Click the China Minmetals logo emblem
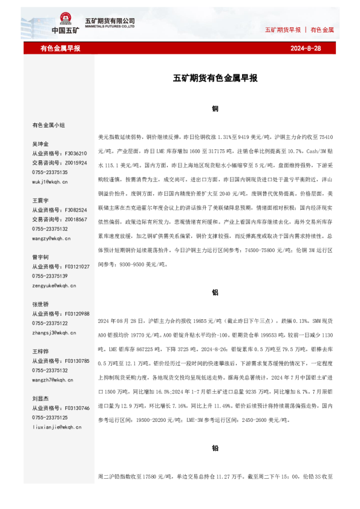click(64, 20)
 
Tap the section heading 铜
click(215, 109)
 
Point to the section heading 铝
click(215, 292)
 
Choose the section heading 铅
click(215, 449)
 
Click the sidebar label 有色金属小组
click(48, 125)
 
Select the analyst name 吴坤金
click(41, 144)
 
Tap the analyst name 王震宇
click(41, 199)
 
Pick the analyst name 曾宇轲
click(41, 257)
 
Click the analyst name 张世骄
click(41, 304)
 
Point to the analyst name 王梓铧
click(41, 351)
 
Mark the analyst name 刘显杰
click(41, 398)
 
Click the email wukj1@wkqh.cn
click(50, 181)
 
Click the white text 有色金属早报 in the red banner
click(61, 48)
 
